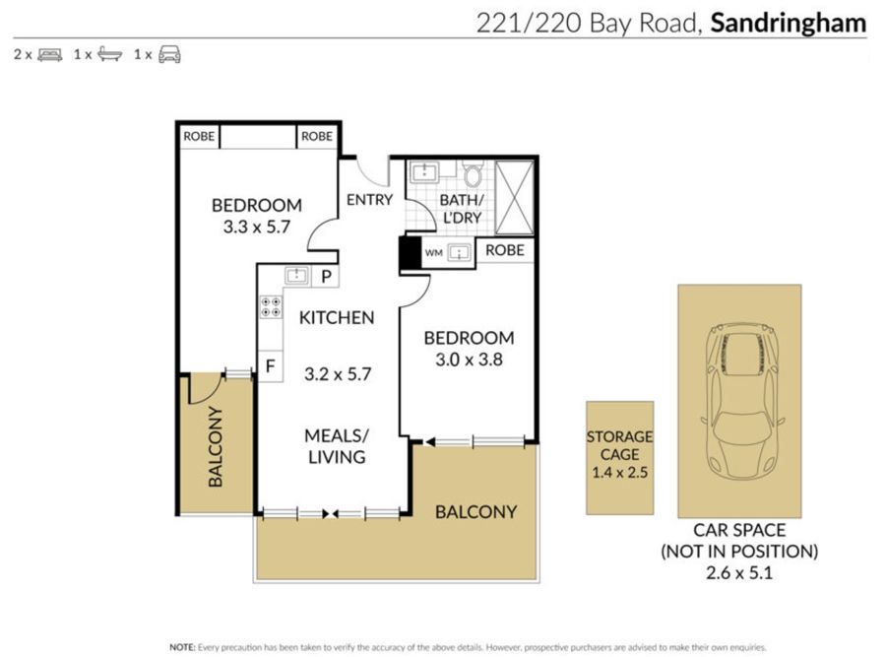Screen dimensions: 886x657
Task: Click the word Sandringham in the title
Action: point(789,24)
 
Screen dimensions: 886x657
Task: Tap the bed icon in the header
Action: point(50,55)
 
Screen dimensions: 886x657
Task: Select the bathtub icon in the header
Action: point(109,54)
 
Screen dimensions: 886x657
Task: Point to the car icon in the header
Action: point(169,54)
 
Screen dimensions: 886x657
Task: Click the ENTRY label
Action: point(369,200)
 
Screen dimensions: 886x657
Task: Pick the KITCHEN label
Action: point(337,318)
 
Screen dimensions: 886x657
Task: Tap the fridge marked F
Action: point(270,366)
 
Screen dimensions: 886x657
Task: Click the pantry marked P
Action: point(326,277)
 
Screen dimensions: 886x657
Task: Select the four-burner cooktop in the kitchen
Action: point(271,307)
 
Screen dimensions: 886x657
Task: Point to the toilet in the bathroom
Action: point(473,171)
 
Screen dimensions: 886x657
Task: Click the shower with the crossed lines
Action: point(514,197)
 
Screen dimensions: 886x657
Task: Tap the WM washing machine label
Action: point(433,253)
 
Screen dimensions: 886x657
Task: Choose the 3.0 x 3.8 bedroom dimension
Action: point(469,360)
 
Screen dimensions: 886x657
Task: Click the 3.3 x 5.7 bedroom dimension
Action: point(257,227)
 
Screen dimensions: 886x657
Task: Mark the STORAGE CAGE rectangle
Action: point(620,458)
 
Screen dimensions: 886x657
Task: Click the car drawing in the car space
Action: point(739,399)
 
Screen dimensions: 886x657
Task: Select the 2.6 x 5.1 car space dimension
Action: point(739,572)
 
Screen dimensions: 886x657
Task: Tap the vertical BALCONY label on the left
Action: point(216,446)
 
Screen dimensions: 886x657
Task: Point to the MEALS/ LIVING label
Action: point(337,446)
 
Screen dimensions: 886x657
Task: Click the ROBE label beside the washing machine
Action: point(505,250)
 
